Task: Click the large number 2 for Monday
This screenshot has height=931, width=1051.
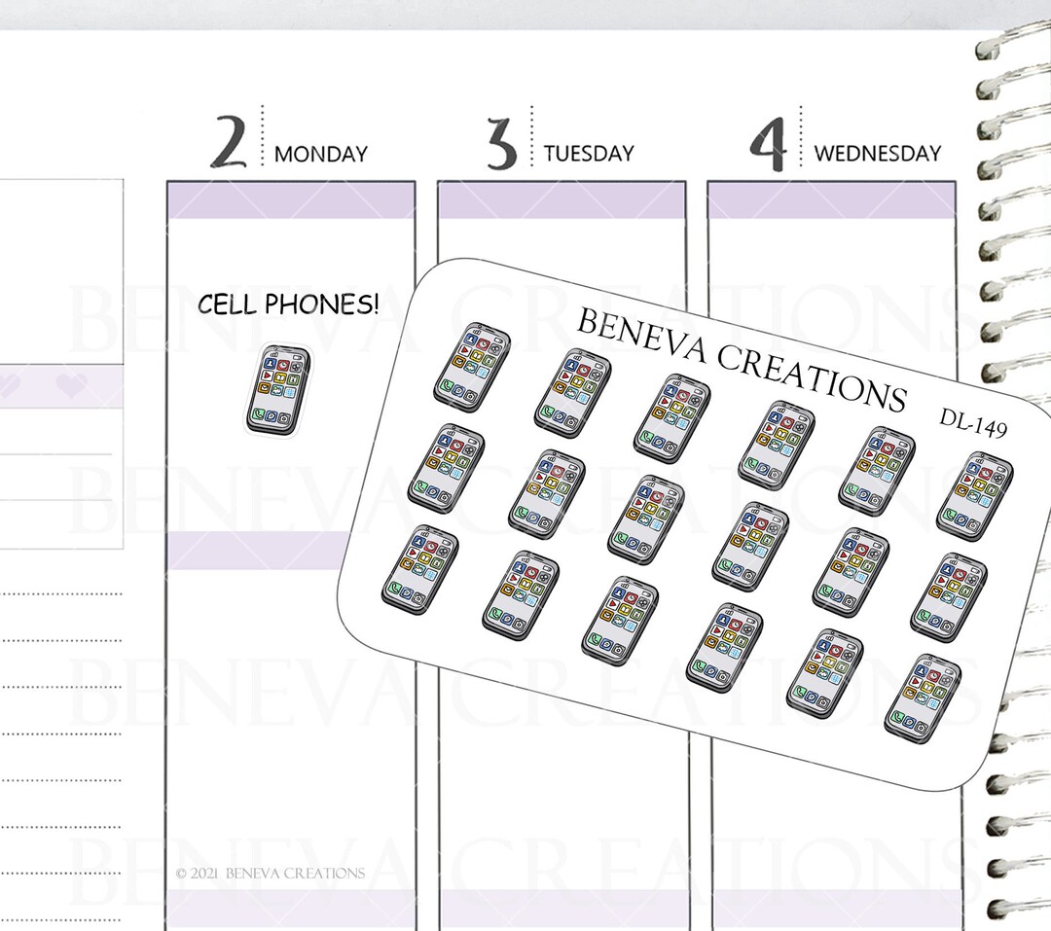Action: pyautogui.click(x=230, y=141)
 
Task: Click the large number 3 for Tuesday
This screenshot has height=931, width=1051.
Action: pyautogui.click(x=502, y=141)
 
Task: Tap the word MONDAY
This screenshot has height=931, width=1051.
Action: pyautogui.click(x=320, y=154)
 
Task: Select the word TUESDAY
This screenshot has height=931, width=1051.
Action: pyautogui.click(x=588, y=154)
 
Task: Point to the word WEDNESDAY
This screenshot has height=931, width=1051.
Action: pyautogui.click(x=877, y=154)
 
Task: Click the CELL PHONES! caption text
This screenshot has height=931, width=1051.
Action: pyautogui.click(x=288, y=305)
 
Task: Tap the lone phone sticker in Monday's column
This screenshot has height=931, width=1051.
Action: pyautogui.click(x=275, y=387)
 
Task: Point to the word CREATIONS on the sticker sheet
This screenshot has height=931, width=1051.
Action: pyautogui.click(x=812, y=376)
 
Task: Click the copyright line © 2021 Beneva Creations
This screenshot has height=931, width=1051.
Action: pyautogui.click(x=271, y=874)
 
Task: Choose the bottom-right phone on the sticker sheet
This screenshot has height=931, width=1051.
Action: pyautogui.click(x=918, y=695)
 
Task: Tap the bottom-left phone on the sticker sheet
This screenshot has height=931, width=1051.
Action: pyautogui.click(x=419, y=569)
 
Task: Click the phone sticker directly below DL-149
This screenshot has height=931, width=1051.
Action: pyautogui.click(x=974, y=495)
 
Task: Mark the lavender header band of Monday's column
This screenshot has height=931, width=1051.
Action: pyautogui.click(x=290, y=200)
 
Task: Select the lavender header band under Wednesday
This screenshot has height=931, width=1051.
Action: pyautogui.click(x=831, y=200)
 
